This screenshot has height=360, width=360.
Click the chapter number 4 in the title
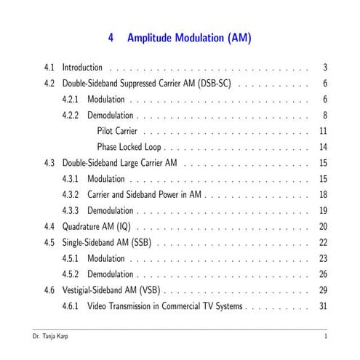pyautogui.click(x=111, y=38)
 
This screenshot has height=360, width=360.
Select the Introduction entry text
pyautogui.click(x=82, y=68)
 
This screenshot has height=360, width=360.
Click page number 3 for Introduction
pyautogui.click(x=324, y=68)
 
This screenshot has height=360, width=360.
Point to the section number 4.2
pyautogui.click(x=49, y=84)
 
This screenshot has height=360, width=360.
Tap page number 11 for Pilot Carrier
pyautogui.click(x=323, y=131)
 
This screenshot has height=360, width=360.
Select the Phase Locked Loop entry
pyautogui.click(x=129, y=147)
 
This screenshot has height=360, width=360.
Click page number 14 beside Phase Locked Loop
pyautogui.click(x=323, y=147)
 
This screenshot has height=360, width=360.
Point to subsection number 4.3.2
pyautogui.click(x=71, y=194)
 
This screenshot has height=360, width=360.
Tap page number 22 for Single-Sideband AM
pyautogui.click(x=323, y=242)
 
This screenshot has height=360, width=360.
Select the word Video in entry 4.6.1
pyautogui.click(x=97, y=306)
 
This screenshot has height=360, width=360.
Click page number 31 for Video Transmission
pyautogui.click(x=323, y=306)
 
